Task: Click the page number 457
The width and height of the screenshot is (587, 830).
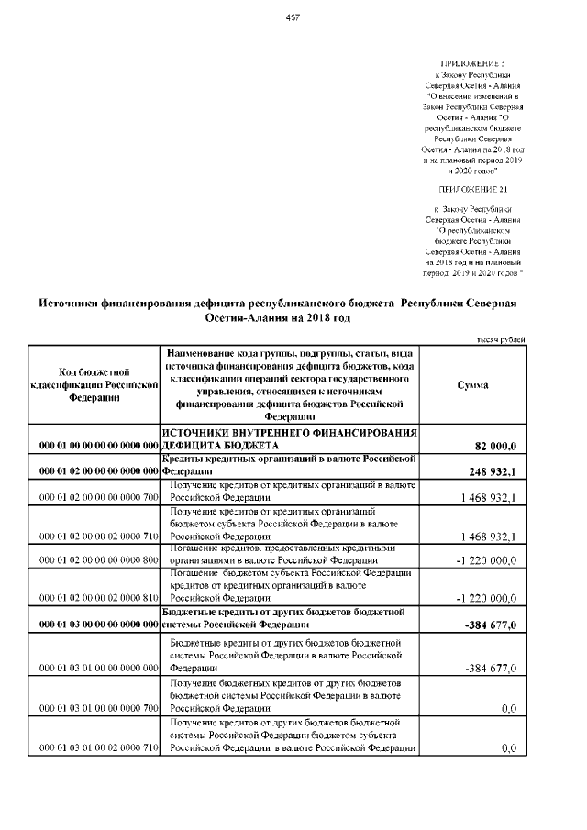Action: coord(293,17)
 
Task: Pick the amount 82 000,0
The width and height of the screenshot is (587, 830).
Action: coord(496,446)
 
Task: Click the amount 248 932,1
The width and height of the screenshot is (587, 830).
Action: coord(494,472)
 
